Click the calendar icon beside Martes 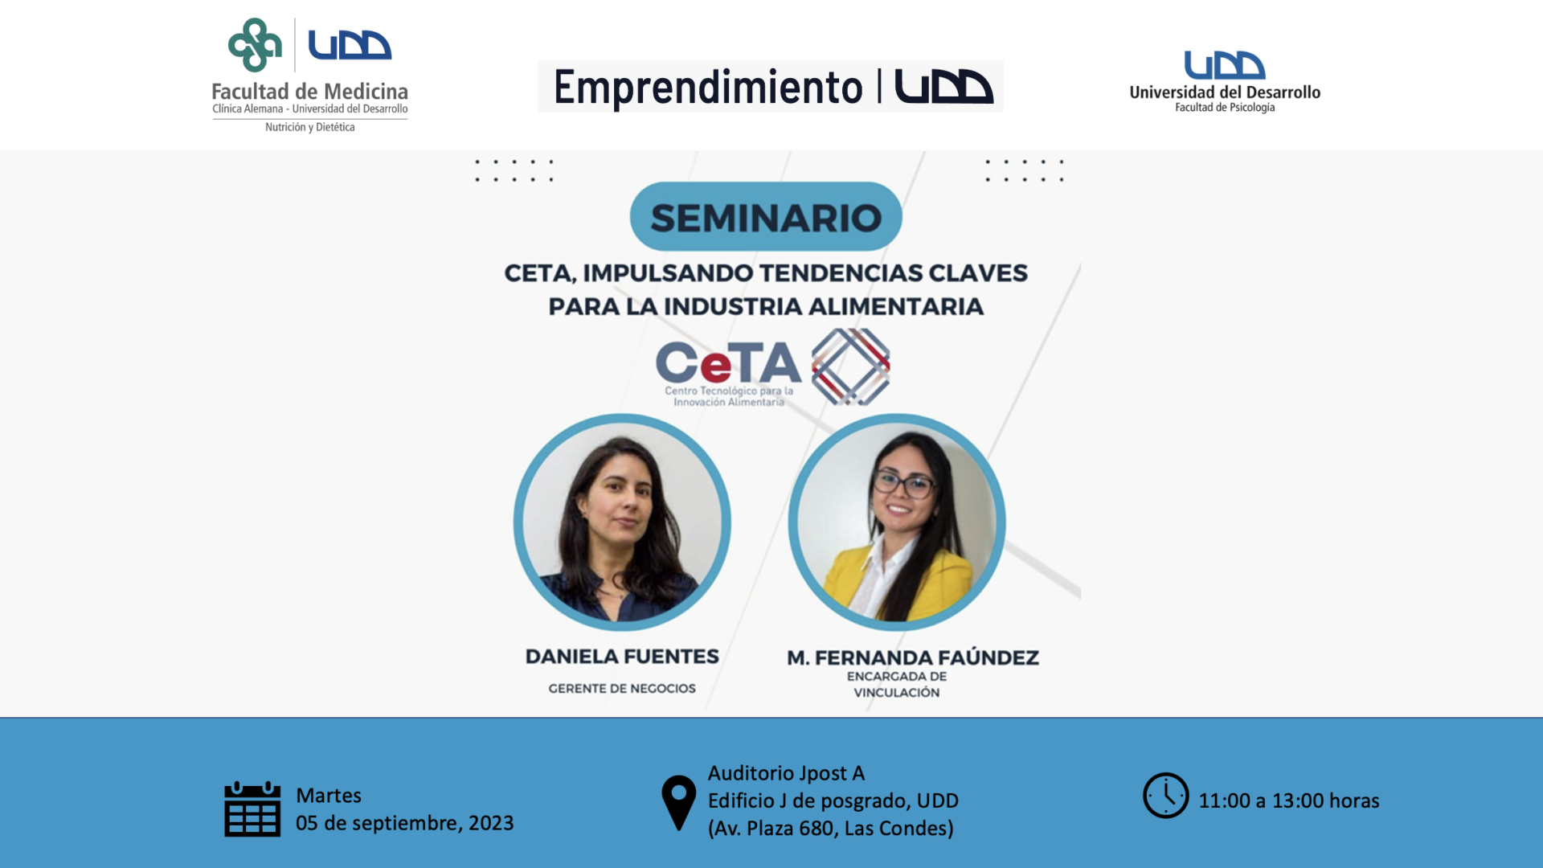(x=252, y=809)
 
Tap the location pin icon (x=679, y=802)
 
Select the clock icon (x=1166, y=796)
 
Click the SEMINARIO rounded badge (x=766, y=217)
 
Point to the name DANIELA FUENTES (x=622, y=657)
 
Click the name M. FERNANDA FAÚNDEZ (x=913, y=658)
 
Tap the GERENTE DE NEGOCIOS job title (x=622, y=689)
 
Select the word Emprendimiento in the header (x=708, y=88)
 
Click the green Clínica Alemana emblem (x=255, y=45)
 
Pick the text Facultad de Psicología (x=1225, y=108)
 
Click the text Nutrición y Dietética (x=310, y=127)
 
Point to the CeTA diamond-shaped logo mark (x=850, y=366)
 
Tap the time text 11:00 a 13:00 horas (x=1289, y=801)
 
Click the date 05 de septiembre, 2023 (x=404, y=824)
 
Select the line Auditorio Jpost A (x=786, y=773)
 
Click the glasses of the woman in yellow (x=903, y=484)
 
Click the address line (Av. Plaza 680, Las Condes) (x=831, y=829)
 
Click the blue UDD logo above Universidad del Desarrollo (x=1225, y=65)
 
